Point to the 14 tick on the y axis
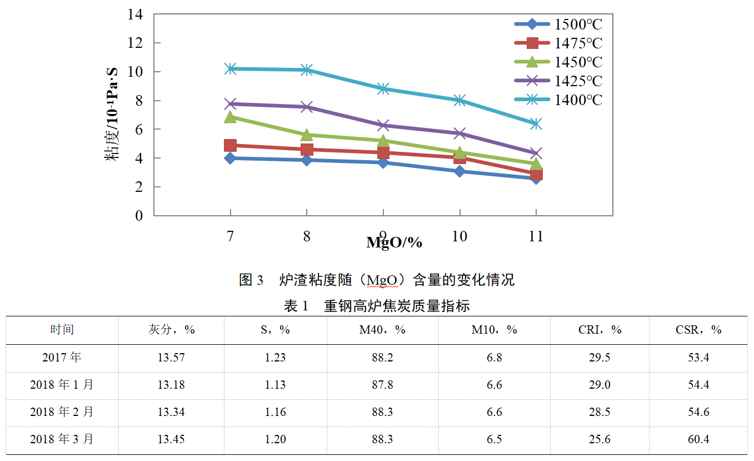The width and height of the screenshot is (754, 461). point(136,14)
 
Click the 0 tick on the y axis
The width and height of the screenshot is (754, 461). point(139,216)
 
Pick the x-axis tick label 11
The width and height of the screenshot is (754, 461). point(536,236)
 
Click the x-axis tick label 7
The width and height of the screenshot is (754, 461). point(230,236)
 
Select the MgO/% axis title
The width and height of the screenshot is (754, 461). point(394,242)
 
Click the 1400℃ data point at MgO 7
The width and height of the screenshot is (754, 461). point(230,68)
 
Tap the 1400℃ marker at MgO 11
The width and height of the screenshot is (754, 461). point(536,123)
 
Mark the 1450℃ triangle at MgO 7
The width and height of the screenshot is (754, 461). point(230,117)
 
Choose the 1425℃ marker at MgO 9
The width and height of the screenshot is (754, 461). point(383,125)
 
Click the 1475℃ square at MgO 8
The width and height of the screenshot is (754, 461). point(307,149)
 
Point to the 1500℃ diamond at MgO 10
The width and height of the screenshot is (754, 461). point(460,171)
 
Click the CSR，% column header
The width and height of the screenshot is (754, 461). point(698,330)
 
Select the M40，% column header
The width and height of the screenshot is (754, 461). point(382,330)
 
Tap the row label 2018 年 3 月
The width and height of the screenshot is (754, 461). point(62,439)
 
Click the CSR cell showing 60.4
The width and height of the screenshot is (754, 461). point(698,439)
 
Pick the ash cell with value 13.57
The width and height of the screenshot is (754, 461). point(171,358)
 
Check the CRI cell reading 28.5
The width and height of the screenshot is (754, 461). point(600,412)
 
